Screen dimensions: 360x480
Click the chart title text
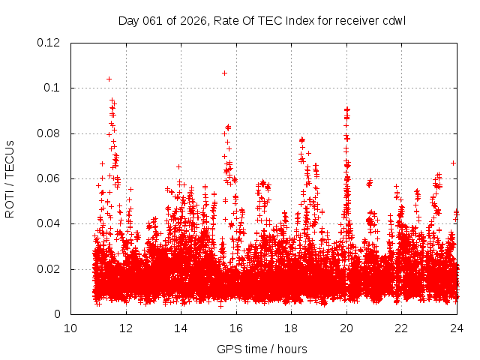pyautogui.click(x=262, y=20)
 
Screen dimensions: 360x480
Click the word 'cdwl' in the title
pyautogui.click(x=393, y=20)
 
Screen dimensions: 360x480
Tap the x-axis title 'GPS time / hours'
pyautogui.click(x=262, y=349)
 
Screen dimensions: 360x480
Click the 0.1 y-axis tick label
pyautogui.click(x=55, y=88)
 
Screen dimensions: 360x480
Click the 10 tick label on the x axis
pyautogui.click(x=70, y=328)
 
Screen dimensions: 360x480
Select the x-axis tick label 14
pyautogui.click(x=181, y=328)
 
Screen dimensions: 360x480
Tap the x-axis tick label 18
pyautogui.click(x=291, y=328)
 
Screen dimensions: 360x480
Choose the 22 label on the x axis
pyautogui.click(x=401, y=328)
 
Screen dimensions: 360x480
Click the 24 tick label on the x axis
pyautogui.click(x=457, y=328)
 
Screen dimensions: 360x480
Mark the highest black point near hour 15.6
pyautogui.click(x=224, y=73)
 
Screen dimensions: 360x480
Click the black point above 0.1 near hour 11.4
pyautogui.click(x=109, y=79)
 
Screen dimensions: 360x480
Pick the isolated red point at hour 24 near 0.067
pyautogui.click(x=453, y=163)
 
